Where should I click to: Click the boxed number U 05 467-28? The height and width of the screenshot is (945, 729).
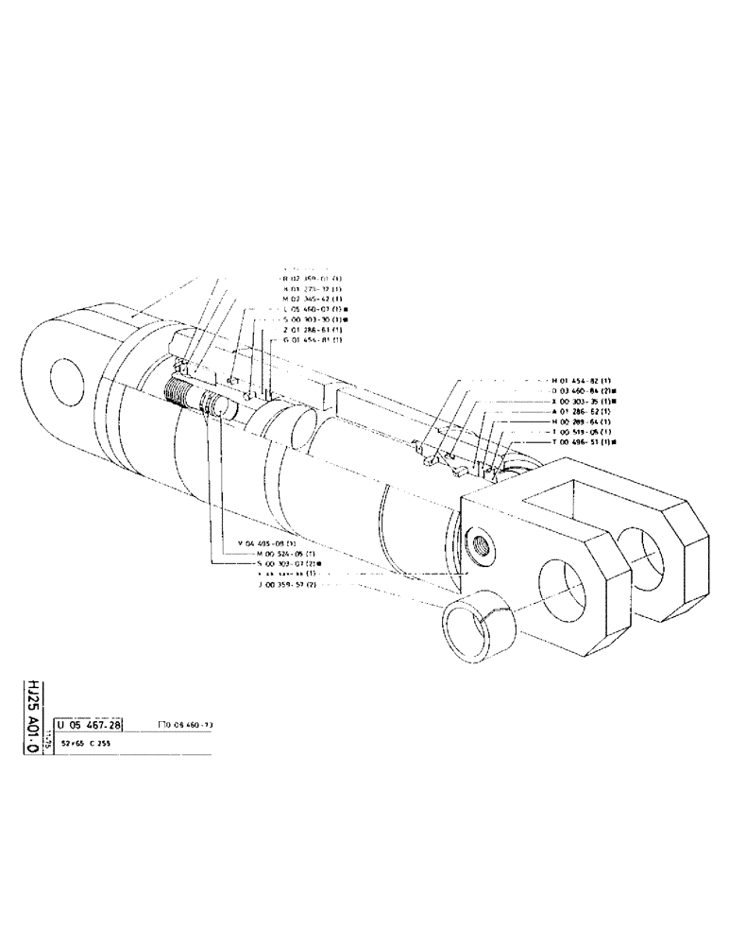pos(88,725)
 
